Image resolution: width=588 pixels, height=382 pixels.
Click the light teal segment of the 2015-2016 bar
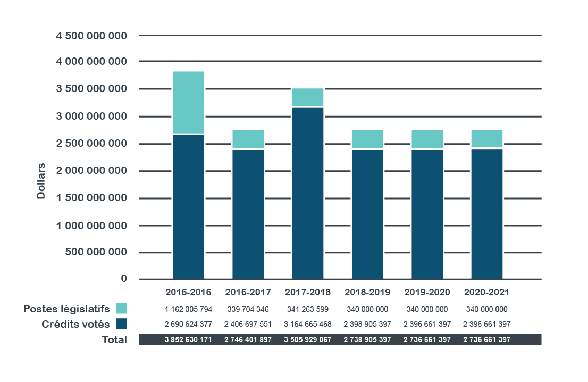(188, 102)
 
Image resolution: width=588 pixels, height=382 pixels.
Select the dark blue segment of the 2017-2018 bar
(308, 193)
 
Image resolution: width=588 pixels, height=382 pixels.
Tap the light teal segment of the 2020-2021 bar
(487, 138)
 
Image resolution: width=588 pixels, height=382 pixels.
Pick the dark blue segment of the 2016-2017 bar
(248, 214)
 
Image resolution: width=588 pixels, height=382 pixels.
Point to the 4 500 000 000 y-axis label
(91, 36)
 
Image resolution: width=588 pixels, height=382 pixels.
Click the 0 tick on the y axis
(124, 279)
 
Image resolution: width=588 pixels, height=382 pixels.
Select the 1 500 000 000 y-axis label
(91, 198)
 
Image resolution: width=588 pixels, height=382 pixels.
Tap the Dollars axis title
(41, 181)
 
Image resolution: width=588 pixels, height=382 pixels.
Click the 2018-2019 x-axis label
(367, 292)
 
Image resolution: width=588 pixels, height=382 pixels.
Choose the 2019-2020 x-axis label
(427, 292)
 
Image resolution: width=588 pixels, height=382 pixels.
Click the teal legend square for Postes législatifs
(121, 309)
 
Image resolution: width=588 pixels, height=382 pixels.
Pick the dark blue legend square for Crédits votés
(121, 324)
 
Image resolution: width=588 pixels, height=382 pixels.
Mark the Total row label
(114, 339)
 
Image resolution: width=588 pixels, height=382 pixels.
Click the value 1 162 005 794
(189, 309)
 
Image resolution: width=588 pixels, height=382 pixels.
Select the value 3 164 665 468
(308, 324)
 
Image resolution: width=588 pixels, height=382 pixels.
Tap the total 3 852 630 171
(189, 339)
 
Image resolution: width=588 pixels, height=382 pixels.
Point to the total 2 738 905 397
(367, 339)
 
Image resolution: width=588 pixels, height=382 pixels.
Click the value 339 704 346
(248, 309)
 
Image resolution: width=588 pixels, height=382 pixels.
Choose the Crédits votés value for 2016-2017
(248, 324)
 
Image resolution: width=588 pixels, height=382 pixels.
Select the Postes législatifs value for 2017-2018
(308, 309)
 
